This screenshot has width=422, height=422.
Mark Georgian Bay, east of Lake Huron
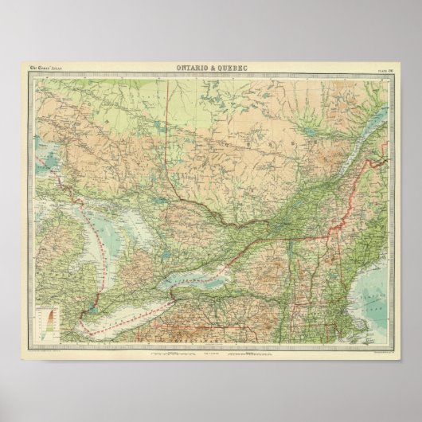(136, 231)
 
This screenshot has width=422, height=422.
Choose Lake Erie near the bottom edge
(127, 319)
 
